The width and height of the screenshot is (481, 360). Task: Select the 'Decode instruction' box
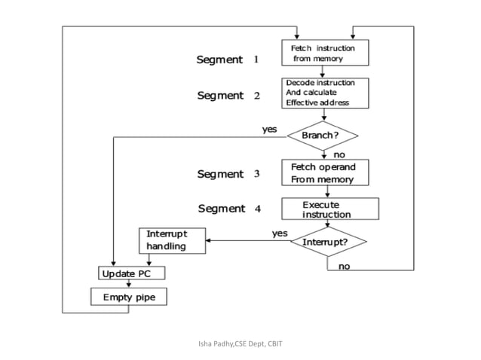point(326,93)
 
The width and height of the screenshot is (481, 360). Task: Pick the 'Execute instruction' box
point(329,209)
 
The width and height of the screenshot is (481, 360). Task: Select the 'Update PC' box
point(129,272)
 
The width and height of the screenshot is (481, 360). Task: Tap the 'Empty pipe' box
point(129,297)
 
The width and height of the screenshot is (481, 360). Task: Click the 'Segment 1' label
point(227,59)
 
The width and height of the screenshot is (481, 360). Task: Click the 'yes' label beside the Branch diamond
point(269,129)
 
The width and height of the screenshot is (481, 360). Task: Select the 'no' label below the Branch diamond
point(339,154)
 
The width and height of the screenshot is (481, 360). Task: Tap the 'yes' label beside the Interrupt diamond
point(280,233)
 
